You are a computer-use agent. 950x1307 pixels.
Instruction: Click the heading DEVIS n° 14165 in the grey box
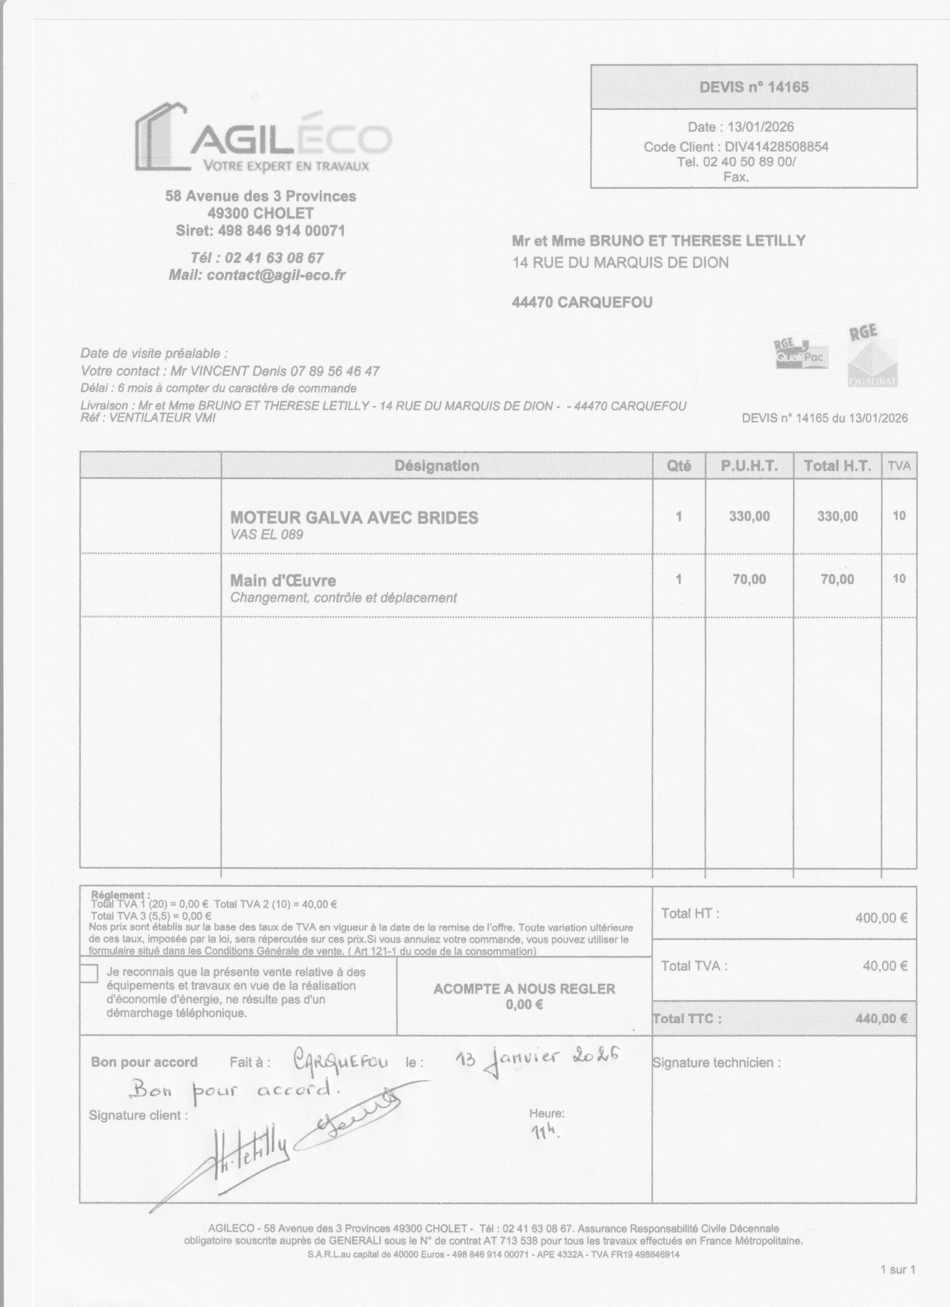click(x=753, y=87)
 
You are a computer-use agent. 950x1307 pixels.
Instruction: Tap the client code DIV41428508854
click(x=776, y=146)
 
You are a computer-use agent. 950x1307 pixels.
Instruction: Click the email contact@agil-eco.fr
click(x=276, y=275)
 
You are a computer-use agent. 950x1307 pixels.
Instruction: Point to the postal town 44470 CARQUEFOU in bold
click(x=582, y=302)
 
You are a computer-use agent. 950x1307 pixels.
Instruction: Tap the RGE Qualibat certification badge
click(x=872, y=358)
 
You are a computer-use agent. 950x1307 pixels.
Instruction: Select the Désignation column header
click(x=436, y=466)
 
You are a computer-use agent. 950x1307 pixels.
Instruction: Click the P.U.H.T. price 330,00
click(x=749, y=516)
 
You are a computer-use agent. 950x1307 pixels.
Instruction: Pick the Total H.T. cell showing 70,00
click(x=837, y=579)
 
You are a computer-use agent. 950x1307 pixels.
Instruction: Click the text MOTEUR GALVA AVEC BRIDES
click(x=354, y=517)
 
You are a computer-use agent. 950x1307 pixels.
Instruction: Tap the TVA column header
click(x=899, y=466)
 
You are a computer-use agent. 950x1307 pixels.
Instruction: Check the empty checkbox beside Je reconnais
click(x=89, y=973)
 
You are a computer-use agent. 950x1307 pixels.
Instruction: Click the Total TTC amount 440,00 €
click(x=882, y=1018)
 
